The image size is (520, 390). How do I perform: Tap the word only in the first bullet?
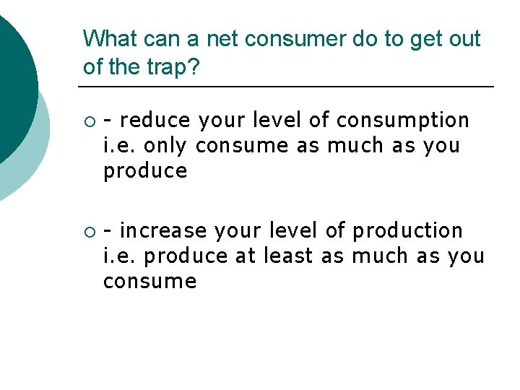click(166, 145)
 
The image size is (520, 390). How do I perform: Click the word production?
click(407, 230)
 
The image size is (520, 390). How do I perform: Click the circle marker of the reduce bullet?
click(90, 121)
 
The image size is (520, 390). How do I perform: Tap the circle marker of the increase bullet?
click(90, 232)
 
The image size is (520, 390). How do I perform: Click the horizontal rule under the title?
click(289, 87)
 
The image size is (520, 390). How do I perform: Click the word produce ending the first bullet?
click(145, 171)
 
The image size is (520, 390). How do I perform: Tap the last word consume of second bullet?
click(149, 281)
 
